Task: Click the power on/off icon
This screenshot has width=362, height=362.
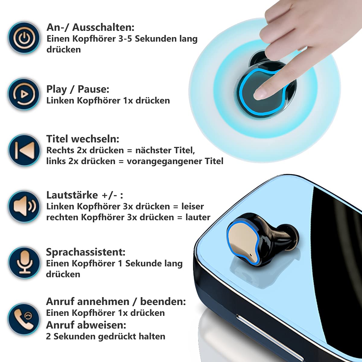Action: (x=24, y=38)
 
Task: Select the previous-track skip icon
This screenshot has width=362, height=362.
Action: (x=24, y=150)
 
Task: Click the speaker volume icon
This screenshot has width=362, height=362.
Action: (x=24, y=206)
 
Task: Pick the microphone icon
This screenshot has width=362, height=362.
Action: (x=24, y=262)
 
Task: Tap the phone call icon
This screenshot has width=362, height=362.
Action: (x=24, y=319)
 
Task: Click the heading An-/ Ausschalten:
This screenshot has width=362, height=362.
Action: (x=90, y=27)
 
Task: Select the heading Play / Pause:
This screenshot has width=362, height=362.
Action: (x=78, y=89)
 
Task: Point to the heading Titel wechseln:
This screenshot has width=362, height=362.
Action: (x=83, y=139)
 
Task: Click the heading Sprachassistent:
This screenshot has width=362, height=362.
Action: (x=85, y=252)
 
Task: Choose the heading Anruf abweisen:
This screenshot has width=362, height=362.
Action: (x=86, y=325)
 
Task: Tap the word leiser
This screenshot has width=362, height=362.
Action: (x=192, y=206)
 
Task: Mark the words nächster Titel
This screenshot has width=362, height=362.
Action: (x=165, y=150)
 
